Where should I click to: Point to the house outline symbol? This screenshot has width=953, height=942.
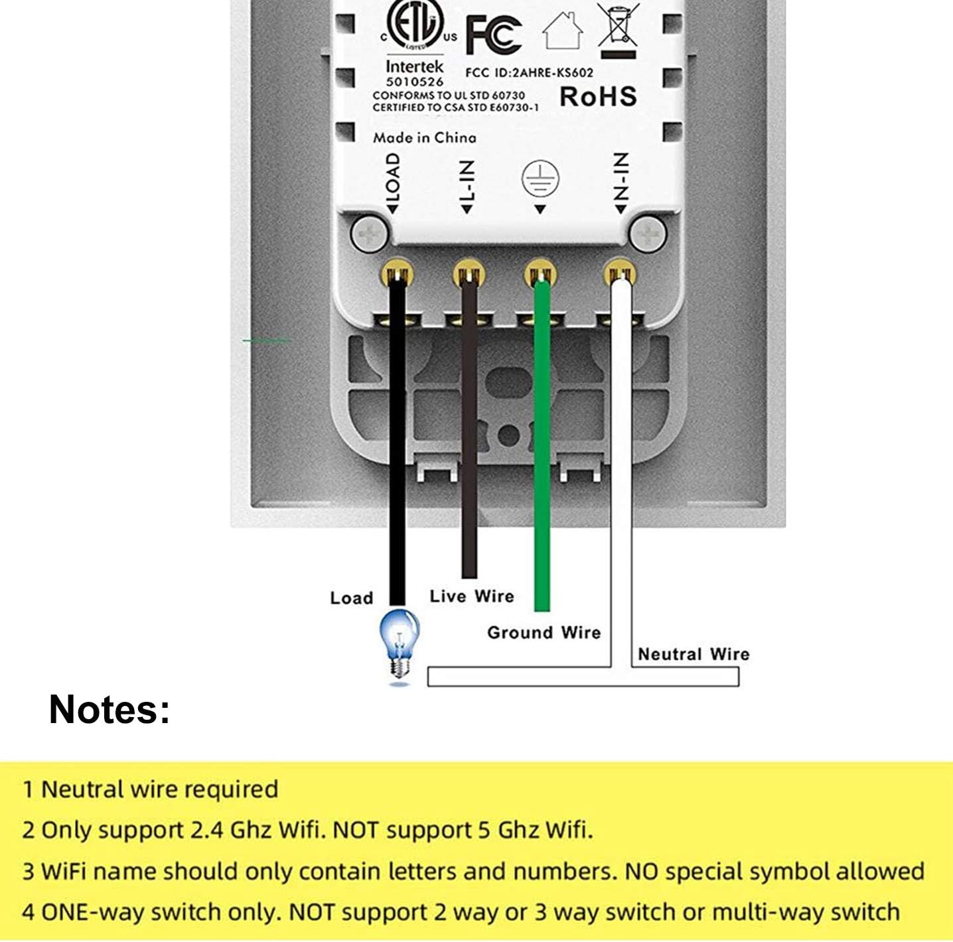click(x=563, y=31)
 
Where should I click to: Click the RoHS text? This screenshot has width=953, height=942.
click(x=598, y=97)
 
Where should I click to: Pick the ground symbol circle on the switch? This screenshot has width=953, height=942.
click(x=540, y=178)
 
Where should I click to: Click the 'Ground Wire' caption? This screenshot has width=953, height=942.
click(x=544, y=632)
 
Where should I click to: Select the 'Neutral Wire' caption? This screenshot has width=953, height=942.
click(x=694, y=654)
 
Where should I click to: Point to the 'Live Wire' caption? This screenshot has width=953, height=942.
click(x=471, y=596)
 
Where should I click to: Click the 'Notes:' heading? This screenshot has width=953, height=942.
click(x=110, y=709)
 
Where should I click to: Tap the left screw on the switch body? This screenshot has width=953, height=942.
click(x=370, y=234)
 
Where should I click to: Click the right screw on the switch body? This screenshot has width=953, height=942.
click(x=648, y=234)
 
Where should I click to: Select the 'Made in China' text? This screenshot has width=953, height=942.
click(x=424, y=138)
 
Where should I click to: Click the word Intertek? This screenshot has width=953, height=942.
click(x=414, y=66)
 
